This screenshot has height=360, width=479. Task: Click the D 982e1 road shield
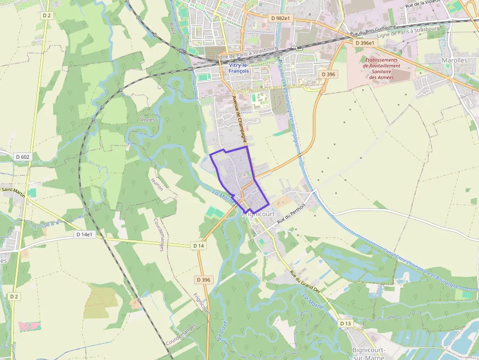pos(280,18)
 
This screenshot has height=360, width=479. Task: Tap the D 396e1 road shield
pos(364,43)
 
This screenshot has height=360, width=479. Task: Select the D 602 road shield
pos(22,157)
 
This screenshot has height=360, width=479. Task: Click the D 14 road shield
pos(198,245)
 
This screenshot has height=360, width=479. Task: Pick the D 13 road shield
pos(345,323)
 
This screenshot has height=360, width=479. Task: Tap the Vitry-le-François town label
pos(239,67)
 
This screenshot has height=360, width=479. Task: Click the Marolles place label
pos(454,60)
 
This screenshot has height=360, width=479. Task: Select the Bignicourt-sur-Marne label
pos(369,353)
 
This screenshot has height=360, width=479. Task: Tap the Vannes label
pos(147,119)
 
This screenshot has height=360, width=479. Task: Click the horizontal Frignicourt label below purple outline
pos(259,214)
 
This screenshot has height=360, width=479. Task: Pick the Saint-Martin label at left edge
pos(13,190)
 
